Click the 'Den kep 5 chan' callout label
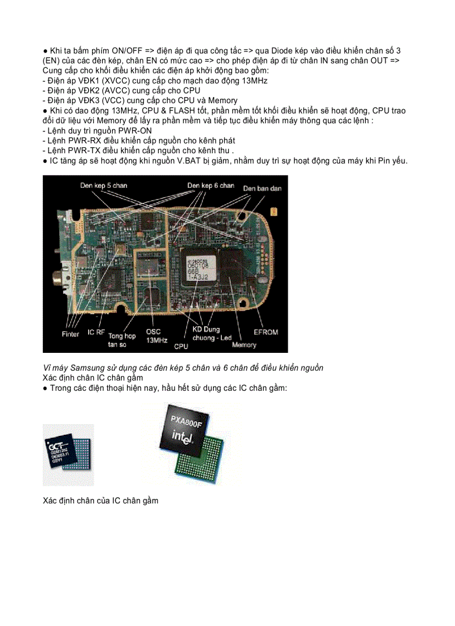pos(104,185)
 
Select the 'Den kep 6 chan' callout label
pos(210,185)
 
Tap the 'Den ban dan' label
pos(262,188)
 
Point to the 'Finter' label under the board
pos(70,334)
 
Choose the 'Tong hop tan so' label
pos(122,340)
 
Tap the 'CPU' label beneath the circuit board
pos(181,346)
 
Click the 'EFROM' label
pos(265,332)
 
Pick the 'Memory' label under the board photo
pos(244,344)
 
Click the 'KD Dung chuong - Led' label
pos(211,334)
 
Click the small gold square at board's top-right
pos(274,212)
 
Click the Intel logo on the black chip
pos(186,438)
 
